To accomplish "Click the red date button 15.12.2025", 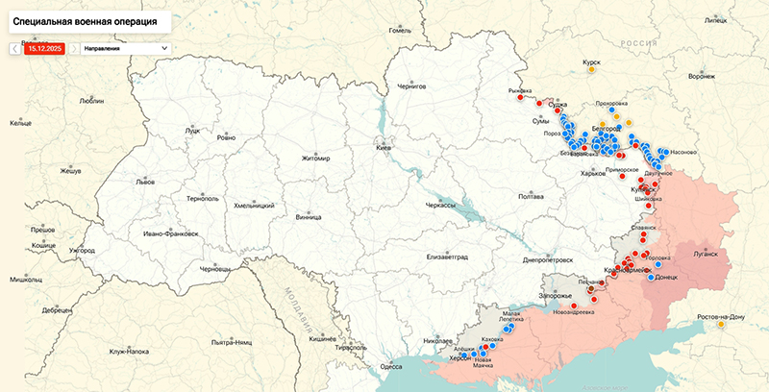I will click(x=45, y=47).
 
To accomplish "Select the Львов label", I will click(x=144, y=181).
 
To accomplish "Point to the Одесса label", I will click(x=391, y=366).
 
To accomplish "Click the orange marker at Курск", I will click(x=592, y=69).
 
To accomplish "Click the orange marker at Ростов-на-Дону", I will click(x=721, y=324).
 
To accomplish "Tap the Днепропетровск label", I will click(x=548, y=259).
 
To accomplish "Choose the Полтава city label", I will click(x=531, y=196).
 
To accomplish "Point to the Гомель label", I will click(x=399, y=30).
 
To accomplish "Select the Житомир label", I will click(x=315, y=159).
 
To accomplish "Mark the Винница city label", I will click(x=309, y=217).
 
